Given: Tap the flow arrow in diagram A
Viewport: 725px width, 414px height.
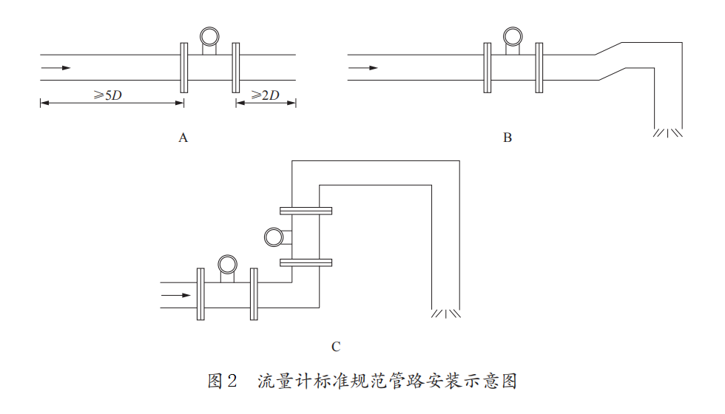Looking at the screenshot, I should pyautogui.click(x=56, y=68).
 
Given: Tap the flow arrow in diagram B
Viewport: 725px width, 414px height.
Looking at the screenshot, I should pyautogui.click(x=363, y=68).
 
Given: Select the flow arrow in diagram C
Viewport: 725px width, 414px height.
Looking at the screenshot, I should pyautogui.click(x=176, y=296).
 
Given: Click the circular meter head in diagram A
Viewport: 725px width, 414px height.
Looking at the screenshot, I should pyautogui.click(x=209, y=35).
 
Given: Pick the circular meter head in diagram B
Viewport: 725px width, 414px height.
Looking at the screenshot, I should pyautogui.click(x=511, y=35).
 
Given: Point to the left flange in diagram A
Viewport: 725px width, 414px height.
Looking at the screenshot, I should pyautogui.click(x=183, y=67).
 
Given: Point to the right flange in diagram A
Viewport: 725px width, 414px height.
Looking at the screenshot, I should pyautogui.click(x=236, y=67).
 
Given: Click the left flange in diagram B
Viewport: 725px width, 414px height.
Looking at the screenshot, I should pyautogui.click(x=487, y=67).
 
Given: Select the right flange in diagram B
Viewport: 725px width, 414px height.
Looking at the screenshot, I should pyautogui.click(x=539, y=67).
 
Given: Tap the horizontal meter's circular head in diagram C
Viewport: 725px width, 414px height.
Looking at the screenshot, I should pyautogui.click(x=227, y=264).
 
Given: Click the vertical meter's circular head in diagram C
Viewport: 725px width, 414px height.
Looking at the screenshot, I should pyautogui.click(x=273, y=236).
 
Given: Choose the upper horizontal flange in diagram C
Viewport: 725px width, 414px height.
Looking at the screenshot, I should pyautogui.click(x=306, y=211).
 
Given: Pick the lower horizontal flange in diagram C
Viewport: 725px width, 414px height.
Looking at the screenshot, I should pyautogui.click(x=306, y=262).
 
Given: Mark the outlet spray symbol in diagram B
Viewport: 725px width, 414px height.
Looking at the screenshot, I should pyautogui.click(x=667, y=133).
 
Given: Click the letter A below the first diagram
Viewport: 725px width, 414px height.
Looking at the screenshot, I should pyautogui.click(x=183, y=138).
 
